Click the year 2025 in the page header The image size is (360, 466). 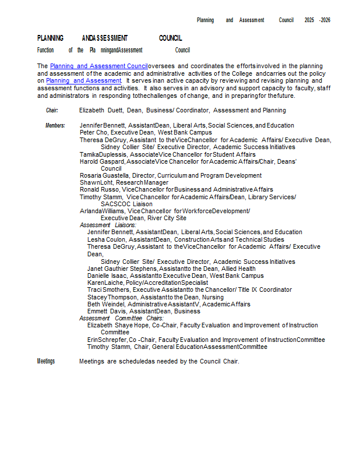pyautogui.click(x=309, y=20)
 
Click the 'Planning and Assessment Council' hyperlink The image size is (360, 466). pyautogui.click(x=98, y=66)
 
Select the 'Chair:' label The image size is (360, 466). pyautogui.click(x=52, y=110)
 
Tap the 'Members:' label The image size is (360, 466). pyautogui.click(x=55, y=125)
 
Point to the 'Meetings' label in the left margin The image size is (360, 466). pyautogui.click(x=46, y=361)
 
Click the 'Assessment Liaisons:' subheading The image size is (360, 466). pyautogui.click(x=108, y=225)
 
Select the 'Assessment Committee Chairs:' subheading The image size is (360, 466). pyautogui.click(x=121, y=318)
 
